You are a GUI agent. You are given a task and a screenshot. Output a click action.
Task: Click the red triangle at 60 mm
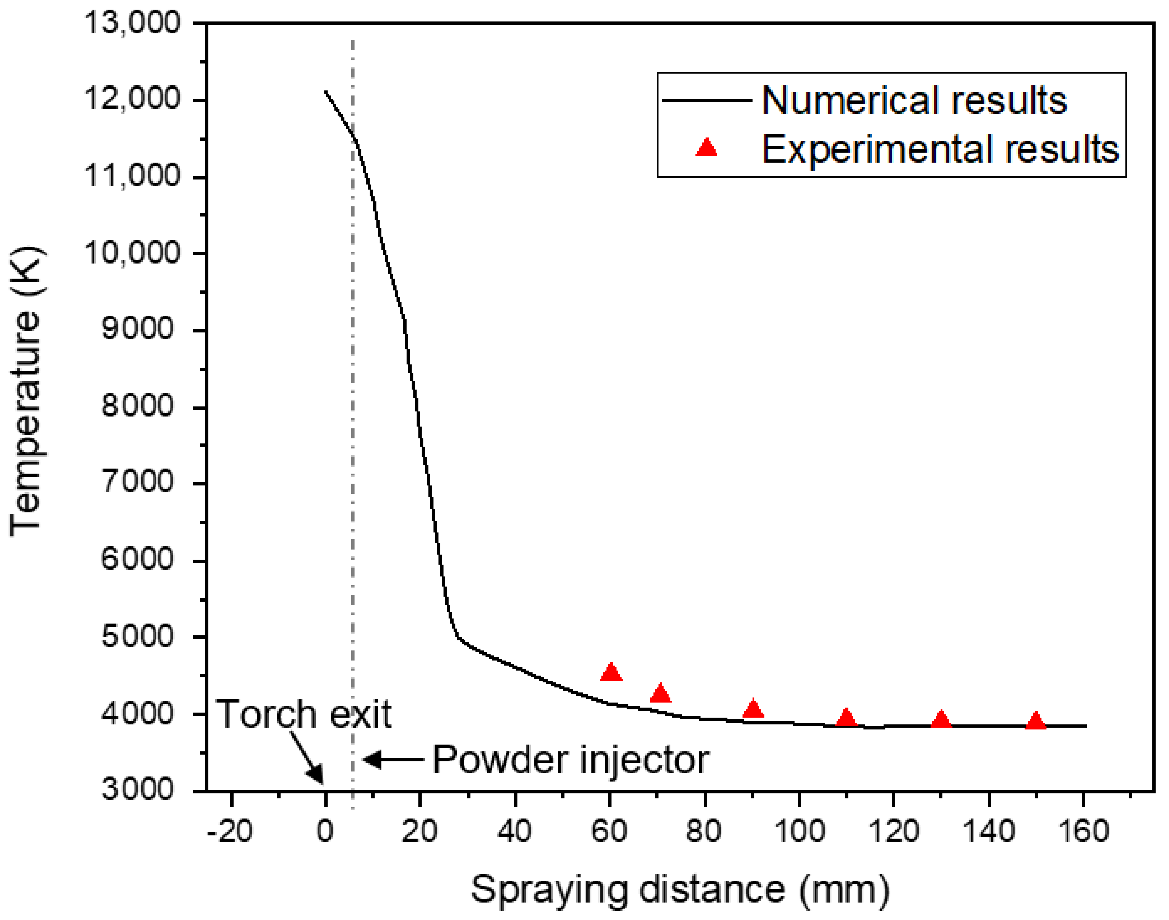tap(611, 672)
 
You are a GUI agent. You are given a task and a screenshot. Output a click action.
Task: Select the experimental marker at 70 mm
tap(660, 694)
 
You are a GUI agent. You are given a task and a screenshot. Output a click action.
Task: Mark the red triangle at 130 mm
tap(941, 720)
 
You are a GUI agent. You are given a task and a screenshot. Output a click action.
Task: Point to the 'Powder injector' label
tap(570, 760)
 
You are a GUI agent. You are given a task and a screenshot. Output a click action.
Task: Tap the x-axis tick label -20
tap(230, 831)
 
